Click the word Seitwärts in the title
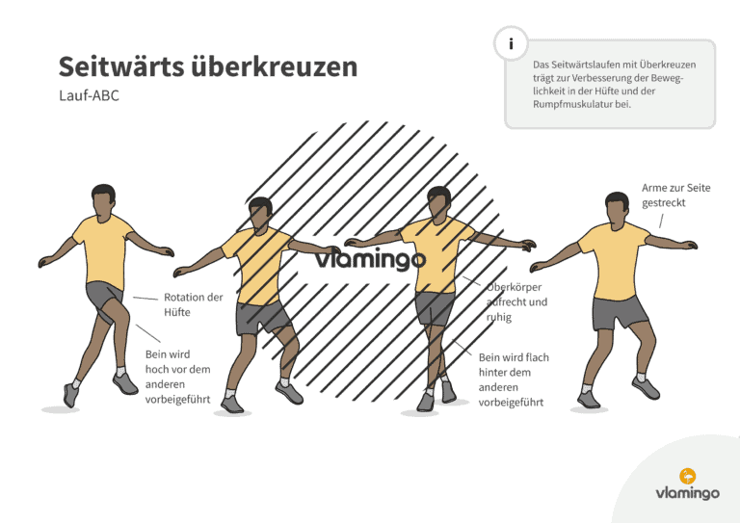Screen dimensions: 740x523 (x=121, y=66)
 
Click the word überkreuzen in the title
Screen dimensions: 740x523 (x=275, y=66)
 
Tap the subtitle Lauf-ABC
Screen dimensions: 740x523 (x=89, y=95)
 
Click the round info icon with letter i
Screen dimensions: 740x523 (x=511, y=44)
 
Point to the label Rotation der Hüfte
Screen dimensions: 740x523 (x=193, y=304)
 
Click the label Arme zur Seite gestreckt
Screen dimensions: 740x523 (x=675, y=196)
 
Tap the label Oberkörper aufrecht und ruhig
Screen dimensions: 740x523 (x=516, y=301)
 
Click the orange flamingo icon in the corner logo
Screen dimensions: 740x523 (x=688, y=477)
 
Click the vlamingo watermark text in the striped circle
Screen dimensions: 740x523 (x=370, y=260)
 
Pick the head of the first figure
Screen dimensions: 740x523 (x=103, y=200)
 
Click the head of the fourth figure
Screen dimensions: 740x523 (x=617, y=209)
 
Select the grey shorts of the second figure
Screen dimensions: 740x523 (x=262, y=317)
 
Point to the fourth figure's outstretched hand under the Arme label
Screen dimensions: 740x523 (x=688, y=245)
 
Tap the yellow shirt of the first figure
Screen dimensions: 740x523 (x=104, y=250)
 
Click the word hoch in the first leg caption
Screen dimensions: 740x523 (x=157, y=369)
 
